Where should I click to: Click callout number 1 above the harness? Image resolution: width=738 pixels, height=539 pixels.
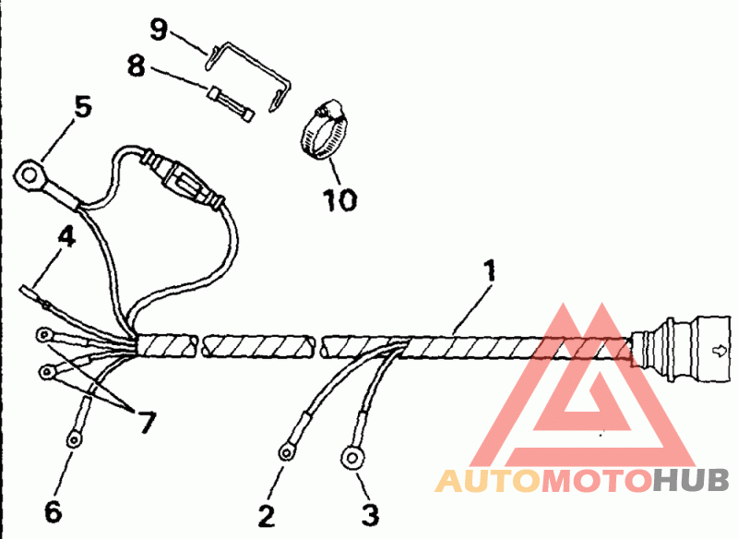[x=490, y=271]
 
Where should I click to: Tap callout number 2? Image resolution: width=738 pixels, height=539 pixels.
[x=267, y=513]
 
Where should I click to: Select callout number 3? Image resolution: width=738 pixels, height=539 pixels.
[x=368, y=513]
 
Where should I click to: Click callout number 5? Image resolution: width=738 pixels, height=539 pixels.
[x=83, y=108]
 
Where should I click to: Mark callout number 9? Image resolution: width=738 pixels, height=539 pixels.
[x=160, y=30]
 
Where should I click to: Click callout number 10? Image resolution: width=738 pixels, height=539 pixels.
[x=340, y=199]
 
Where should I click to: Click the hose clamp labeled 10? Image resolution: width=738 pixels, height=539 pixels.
[x=323, y=129]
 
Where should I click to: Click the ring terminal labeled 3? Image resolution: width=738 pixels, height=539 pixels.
[x=353, y=455]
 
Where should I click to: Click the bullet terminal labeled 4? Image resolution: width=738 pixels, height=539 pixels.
[x=32, y=295]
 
